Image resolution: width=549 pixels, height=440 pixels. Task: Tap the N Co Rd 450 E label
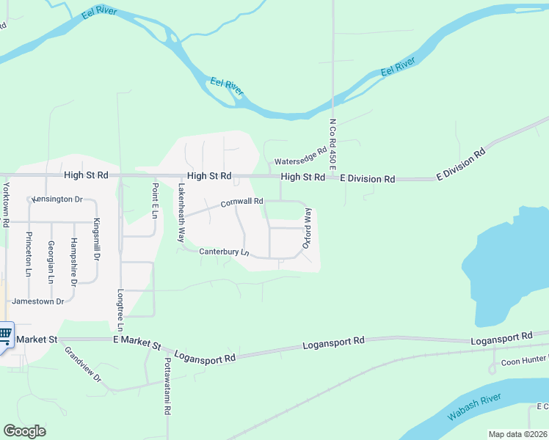click(332, 146)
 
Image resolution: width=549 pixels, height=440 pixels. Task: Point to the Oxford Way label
click(308, 227)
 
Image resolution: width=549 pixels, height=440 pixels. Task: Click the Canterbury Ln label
click(225, 252)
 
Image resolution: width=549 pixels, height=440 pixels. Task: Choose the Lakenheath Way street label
click(181, 213)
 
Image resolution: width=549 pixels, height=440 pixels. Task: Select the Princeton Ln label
click(28, 254)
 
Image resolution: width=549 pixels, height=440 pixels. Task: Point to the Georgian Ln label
click(50, 261)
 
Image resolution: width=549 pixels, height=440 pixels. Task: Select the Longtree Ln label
click(120, 310)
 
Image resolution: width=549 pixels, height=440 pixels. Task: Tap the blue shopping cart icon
click(5, 335)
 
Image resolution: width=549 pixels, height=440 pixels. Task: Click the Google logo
click(24, 431)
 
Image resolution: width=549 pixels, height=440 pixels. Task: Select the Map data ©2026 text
click(517, 434)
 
